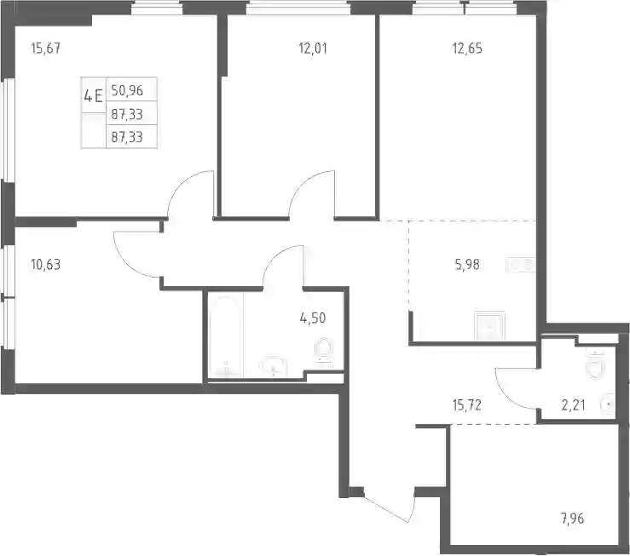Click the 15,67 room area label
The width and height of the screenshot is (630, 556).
pyautogui.click(x=45, y=49)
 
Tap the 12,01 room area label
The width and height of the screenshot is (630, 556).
pyautogui.click(x=313, y=49)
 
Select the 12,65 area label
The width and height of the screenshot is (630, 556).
pyautogui.click(x=467, y=49)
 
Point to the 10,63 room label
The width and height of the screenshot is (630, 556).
pyautogui.click(x=45, y=265)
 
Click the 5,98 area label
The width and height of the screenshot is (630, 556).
pyautogui.click(x=467, y=265)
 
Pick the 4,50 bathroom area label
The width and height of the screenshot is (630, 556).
pyautogui.click(x=313, y=318)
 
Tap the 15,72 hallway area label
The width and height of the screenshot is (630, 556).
pyautogui.click(x=467, y=405)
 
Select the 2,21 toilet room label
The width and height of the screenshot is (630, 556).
pyautogui.click(x=573, y=405)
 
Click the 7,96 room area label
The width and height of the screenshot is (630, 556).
pyautogui.click(x=573, y=519)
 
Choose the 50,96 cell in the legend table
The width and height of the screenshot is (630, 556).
pyautogui.click(x=127, y=90)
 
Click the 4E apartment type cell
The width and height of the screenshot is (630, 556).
pyautogui.click(x=93, y=96)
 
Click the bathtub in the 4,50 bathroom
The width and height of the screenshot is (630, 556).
pyautogui.click(x=226, y=336)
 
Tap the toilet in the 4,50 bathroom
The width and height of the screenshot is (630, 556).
pyautogui.click(x=323, y=353)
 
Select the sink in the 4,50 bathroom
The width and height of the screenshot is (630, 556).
pyautogui.click(x=273, y=366)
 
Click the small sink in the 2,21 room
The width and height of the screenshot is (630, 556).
pyautogui.click(x=608, y=404)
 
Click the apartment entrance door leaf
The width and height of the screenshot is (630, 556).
pyautogui.click(x=385, y=506)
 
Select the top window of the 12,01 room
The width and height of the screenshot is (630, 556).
pyautogui.click(x=298, y=8)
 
